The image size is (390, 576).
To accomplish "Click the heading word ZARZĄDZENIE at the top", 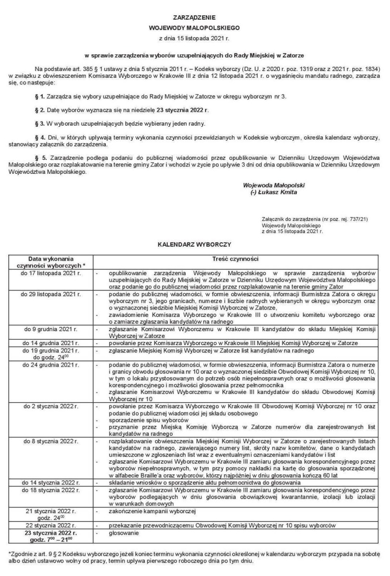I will (195, 18).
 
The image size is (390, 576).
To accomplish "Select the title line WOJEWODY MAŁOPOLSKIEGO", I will (195, 28).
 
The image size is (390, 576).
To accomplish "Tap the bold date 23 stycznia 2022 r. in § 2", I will (178, 110).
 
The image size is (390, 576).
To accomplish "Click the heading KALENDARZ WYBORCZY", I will (195, 244).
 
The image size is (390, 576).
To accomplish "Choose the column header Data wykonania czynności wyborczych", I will (50, 262).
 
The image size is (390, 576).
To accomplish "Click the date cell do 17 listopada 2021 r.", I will (50, 272).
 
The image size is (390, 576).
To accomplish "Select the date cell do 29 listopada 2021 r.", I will (50, 293).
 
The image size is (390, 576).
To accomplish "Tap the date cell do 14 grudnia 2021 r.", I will (50, 344).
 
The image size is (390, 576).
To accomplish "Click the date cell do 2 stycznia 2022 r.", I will (50, 406).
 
